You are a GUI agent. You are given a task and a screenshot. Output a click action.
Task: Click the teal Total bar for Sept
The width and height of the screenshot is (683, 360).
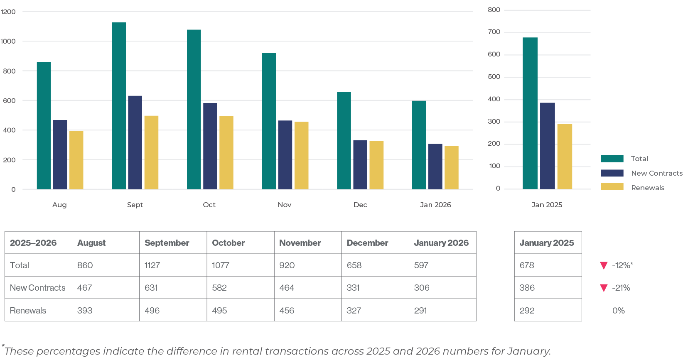119,106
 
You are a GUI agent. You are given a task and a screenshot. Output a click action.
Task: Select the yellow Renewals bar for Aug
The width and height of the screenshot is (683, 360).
76,160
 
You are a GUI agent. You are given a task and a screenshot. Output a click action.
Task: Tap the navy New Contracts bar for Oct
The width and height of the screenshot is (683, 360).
210,146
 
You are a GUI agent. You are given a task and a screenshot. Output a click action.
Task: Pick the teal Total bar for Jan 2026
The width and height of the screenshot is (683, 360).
419,145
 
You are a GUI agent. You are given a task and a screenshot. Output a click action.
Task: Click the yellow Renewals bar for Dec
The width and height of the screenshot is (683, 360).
376,165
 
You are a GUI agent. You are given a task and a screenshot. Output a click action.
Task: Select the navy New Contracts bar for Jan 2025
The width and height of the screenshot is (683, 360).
548,146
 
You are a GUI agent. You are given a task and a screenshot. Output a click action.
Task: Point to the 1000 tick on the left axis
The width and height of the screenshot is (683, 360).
8,41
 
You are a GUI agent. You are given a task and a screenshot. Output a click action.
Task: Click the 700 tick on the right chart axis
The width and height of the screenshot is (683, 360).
494,32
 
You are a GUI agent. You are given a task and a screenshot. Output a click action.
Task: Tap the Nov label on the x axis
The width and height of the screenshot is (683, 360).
285,205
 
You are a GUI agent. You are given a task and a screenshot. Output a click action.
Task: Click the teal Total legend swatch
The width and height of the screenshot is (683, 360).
612,159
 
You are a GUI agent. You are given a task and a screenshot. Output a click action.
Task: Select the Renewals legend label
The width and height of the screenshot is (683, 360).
648,188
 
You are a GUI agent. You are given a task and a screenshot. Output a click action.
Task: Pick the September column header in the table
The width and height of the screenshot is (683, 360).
167,243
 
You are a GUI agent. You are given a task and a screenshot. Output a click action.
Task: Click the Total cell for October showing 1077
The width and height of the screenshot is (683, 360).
221,265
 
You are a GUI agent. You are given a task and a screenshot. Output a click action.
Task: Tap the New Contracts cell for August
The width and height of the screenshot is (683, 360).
85,288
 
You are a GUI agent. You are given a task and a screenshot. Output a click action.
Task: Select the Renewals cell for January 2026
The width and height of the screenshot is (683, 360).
420,311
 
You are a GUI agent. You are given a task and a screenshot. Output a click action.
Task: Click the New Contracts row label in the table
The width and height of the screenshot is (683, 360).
38,288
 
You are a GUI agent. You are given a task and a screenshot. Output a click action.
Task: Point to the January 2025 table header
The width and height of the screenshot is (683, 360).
547,243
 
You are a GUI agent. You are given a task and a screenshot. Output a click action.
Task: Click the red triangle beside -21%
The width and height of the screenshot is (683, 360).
604,288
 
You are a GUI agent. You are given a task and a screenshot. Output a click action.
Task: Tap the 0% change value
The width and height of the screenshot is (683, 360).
619,311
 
